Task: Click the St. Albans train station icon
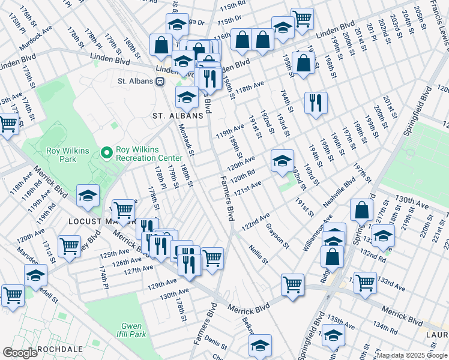(x=160, y=82)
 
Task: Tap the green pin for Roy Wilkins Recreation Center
(x=107, y=154)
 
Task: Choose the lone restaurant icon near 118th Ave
(x=315, y=101)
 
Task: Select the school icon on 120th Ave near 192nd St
(x=282, y=160)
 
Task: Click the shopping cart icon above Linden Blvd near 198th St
(x=302, y=17)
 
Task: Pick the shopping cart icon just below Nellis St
(x=292, y=283)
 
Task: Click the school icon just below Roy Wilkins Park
(x=88, y=196)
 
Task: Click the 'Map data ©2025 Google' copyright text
(x=412, y=355)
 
